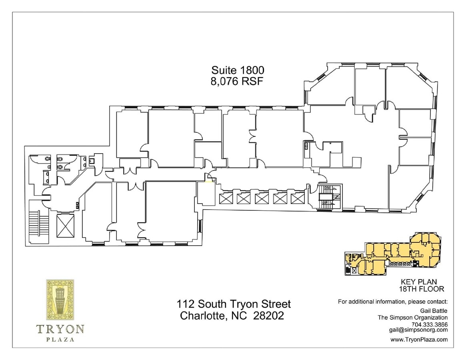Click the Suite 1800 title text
238,70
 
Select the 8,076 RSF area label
238,81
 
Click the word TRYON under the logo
60,329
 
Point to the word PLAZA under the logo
60,340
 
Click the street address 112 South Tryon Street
234,304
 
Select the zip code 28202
269,316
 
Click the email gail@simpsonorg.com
418,330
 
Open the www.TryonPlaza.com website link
419,340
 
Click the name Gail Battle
434,311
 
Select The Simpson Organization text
413,318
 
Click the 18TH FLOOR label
422,289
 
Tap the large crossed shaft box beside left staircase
65,226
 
